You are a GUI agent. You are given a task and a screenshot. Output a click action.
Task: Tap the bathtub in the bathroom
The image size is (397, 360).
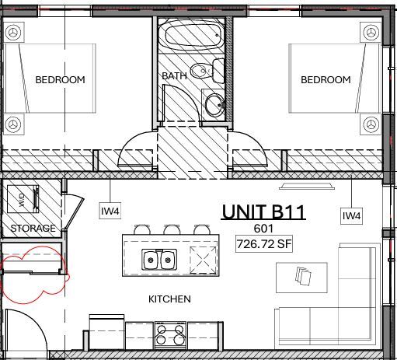click(x=192, y=35)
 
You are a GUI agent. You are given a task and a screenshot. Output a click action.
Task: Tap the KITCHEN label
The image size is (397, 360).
click(x=169, y=299)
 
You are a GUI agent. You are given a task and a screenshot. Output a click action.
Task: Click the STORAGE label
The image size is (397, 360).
click(x=33, y=229)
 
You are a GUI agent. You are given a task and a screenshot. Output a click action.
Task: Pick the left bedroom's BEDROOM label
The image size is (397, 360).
click(x=60, y=79)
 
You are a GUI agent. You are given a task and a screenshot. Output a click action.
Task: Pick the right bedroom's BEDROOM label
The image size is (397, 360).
click(x=326, y=79)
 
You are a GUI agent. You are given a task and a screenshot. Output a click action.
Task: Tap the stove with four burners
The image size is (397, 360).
click(x=170, y=337)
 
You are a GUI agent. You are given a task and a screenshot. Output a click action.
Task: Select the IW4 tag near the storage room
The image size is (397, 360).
click(x=110, y=210)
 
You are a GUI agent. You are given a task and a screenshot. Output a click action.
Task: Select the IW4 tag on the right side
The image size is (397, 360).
click(x=352, y=215)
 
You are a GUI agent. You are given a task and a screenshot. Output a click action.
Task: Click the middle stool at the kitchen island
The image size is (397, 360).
click(x=171, y=229)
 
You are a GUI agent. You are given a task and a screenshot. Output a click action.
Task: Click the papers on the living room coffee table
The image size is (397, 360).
click(x=304, y=275)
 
